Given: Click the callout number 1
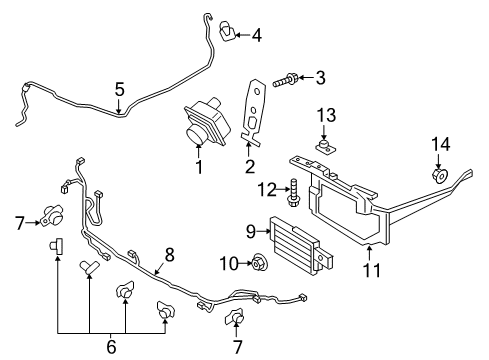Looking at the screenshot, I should click(198, 167).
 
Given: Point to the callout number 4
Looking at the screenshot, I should click(257, 36).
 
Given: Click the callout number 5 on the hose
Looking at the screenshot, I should click(119, 90).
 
